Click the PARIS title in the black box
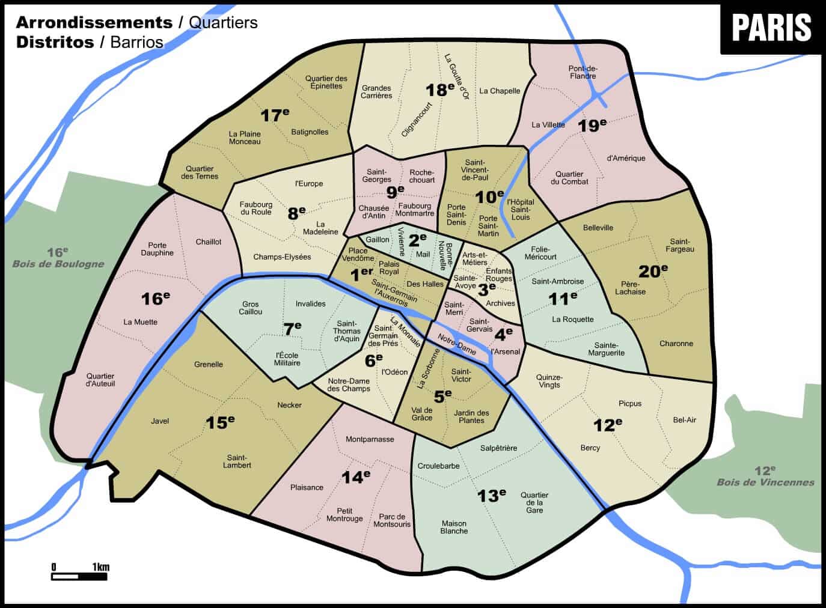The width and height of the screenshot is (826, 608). (x=771, y=28)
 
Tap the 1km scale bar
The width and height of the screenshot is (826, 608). (x=79, y=576)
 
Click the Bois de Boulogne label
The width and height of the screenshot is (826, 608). (x=58, y=263)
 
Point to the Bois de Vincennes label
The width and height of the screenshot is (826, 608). (x=765, y=481)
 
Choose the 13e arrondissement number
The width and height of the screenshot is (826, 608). (x=491, y=495)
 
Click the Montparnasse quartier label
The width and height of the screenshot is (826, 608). (x=370, y=439)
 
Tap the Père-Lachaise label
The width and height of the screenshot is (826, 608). (x=630, y=288)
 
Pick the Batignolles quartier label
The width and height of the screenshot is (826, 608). (x=310, y=132)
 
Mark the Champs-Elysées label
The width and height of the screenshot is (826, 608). (x=282, y=257)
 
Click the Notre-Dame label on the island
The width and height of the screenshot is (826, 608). (x=456, y=343)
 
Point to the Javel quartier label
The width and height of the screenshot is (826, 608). (x=160, y=421)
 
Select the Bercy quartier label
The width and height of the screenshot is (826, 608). (x=590, y=448)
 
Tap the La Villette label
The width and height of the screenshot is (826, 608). (x=548, y=125)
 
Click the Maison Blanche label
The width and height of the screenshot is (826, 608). (x=454, y=527)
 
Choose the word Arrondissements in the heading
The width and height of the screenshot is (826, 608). (x=94, y=22)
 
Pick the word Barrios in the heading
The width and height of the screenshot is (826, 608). (x=136, y=42)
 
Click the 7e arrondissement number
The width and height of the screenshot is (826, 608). (x=292, y=328)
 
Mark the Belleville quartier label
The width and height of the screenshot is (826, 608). (x=598, y=227)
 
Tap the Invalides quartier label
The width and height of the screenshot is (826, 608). (x=310, y=303)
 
